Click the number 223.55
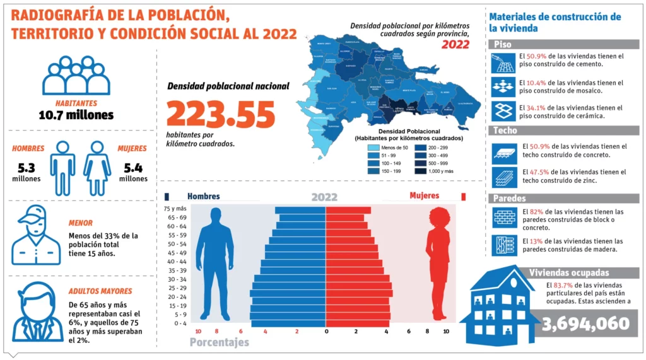click(221, 115)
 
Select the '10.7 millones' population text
click(76, 115)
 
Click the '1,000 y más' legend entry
click(437, 171)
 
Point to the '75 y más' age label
click(175, 209)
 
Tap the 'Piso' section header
click(503, 45)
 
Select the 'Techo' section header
click(506, 131)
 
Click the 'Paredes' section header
click(510, 199)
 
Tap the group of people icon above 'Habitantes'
click(76, 75)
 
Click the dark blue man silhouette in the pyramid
click(214, 264)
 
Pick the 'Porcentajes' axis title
click(219, 342)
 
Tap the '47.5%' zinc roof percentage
click(544, 171)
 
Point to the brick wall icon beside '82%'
click(505, 217)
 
